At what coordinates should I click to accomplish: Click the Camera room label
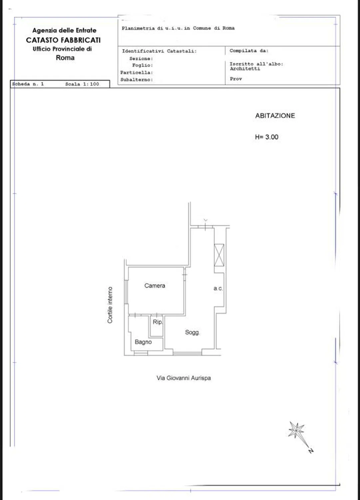(x=155, y=285)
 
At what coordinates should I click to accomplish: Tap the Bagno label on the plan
(x=143, y=342)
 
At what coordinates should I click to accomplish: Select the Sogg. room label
(x=192, y=332)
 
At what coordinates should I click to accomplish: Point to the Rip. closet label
(x=158, y=322)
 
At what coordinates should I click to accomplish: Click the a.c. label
(x=218, y=288)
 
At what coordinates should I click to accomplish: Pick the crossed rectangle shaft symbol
(x=219, y=255)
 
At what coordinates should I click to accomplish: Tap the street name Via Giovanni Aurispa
(x=183, y=378)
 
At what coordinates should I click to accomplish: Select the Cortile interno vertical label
(x=110, y=305)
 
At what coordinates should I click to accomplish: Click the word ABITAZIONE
(x=275, y=116)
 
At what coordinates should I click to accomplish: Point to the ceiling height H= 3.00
(x=266, y=137)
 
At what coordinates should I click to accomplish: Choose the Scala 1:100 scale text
(x=82, y=84)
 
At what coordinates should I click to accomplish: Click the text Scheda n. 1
(x=28, y=84)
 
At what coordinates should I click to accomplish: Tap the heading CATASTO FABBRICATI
(x=63, y=40)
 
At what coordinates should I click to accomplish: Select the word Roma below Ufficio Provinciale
(x=65, y=58)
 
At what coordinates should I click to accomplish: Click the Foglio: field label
(x=143, y=65)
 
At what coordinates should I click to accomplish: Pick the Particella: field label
(x=137, y=73)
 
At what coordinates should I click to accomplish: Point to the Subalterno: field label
(x=137, y=80)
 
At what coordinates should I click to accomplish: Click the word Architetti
(x=245, y=69)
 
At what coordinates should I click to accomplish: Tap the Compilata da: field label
(x=249, y=51)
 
